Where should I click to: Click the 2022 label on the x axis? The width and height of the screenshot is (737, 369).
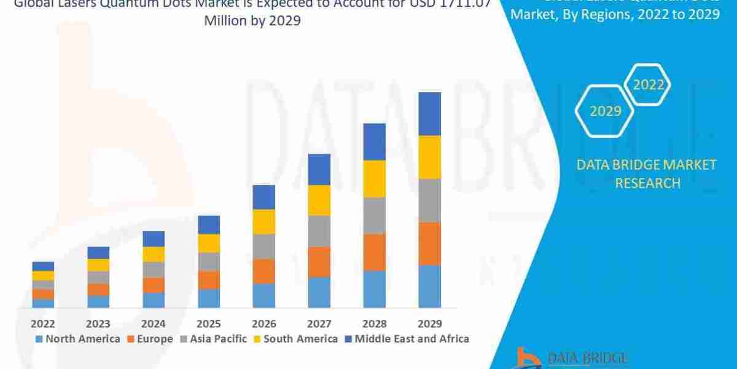coord(43,323)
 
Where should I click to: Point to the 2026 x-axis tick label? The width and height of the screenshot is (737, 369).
coord(264,323)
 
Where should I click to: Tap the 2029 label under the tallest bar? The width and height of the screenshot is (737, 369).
coord(430,323)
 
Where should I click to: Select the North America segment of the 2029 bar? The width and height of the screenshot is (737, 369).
coord(430,286)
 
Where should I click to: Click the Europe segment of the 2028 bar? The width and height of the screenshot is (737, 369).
coord(375,252)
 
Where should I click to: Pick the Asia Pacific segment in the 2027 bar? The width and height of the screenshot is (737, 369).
coord(319,231)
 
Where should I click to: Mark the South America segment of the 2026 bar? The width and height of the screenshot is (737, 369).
coord(264,221)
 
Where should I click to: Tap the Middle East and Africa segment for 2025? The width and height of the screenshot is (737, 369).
coord(209,224)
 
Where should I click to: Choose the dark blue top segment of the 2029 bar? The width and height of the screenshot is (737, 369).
coord(430,114)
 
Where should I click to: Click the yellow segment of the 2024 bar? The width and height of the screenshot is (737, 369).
coord(154,254)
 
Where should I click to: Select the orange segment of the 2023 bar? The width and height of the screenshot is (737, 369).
coord(98,289)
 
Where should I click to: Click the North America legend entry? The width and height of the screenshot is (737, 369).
coord(78,339)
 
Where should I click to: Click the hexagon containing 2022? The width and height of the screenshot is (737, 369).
coord(649,85)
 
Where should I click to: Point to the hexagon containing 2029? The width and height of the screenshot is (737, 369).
coord(605,111)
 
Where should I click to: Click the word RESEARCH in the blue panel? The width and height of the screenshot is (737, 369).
coord(647,183)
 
